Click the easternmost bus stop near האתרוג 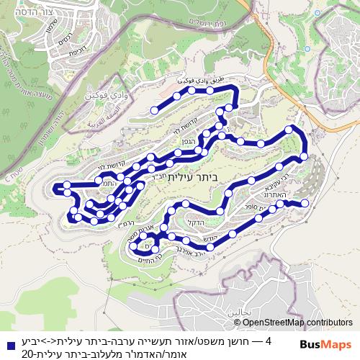click(x=304, y=204)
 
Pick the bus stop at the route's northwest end click(x=153, y=110)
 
